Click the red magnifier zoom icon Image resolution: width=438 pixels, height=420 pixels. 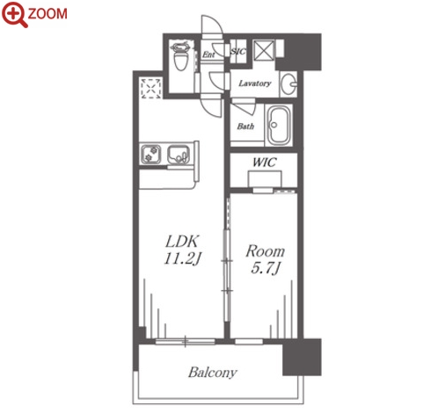coord(14,15)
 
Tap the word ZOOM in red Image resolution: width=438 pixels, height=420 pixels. coord(47,14)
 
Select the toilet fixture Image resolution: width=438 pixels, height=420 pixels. coord(180,56)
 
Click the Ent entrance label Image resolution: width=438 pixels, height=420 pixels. coord(208,54)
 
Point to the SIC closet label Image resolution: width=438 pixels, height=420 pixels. coord(238,52)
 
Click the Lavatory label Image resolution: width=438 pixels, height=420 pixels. coord(254,83)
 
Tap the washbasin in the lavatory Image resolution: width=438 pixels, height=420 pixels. coord(288,83)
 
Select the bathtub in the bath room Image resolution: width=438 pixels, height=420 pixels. coord(280,125)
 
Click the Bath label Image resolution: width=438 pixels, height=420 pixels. coord(245,127)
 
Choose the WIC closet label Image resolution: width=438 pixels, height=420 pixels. coord(265,163)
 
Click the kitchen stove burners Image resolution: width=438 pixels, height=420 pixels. coord(151,154)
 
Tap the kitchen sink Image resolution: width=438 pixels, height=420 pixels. coord(179,154)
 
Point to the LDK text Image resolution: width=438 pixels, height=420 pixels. coord(183,242)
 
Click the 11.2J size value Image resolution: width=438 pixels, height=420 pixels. coord(182,259)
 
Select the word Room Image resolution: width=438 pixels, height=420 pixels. coord(266,251)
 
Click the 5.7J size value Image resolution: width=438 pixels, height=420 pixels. coord(266,268)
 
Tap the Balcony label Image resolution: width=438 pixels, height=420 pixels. coord(213,373)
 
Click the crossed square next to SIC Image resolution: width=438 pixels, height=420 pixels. coord(264,50)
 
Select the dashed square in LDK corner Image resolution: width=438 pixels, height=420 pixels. coord(150,88)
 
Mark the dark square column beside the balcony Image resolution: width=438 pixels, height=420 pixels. coord(302,357)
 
